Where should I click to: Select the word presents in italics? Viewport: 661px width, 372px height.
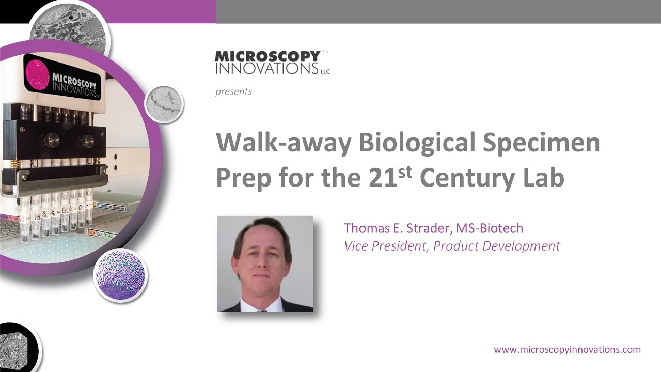click(233, 92)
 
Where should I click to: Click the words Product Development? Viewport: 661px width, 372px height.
click(496, 246)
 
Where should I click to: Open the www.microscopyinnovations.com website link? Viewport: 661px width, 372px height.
click(567, 350)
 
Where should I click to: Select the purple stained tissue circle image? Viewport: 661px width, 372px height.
click(120, 275)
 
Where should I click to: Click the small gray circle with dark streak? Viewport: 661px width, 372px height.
click(164, 104)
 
